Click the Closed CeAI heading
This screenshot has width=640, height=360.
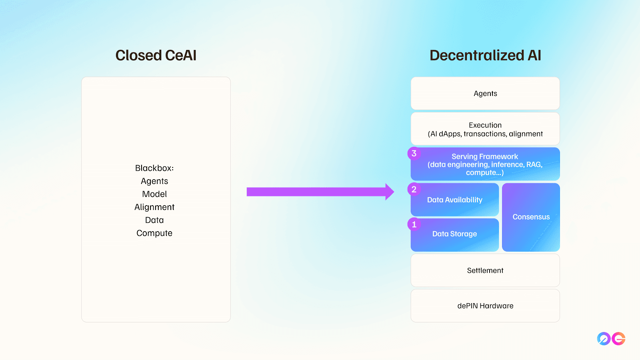click(x=156, y=55)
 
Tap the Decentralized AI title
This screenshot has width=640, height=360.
click(x=485, y=55)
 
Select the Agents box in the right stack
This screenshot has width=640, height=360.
click(x=485, y=94)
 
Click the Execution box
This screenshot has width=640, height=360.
click(x=485, y=129)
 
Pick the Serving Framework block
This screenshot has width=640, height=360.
click(x=485, y=164)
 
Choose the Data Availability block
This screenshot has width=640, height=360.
click(x=454, y=200)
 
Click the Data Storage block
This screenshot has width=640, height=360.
click(x=454, y=235)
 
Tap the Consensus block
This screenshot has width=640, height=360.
click(x=531, y=217)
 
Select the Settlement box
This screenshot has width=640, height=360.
click(x=485, y=270)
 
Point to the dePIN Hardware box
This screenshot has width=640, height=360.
click(x=485, y=306)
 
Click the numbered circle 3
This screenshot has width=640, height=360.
click(x=414, y=154)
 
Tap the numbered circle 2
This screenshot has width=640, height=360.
click(x=414, y=189)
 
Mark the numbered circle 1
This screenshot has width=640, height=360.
click(x=414, y=224)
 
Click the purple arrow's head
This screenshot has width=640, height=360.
click(x=390, y=192)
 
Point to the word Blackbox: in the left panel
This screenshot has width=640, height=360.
click(x=154, y=168)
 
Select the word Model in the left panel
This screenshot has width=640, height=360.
click(x=154, y=194)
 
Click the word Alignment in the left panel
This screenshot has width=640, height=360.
click(x=154, y=207)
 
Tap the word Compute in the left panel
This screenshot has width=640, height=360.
click(x=154, y=233)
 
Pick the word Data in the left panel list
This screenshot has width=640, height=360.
click(x=154, y=220)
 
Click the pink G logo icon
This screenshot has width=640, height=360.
click(x=618, y=338)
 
